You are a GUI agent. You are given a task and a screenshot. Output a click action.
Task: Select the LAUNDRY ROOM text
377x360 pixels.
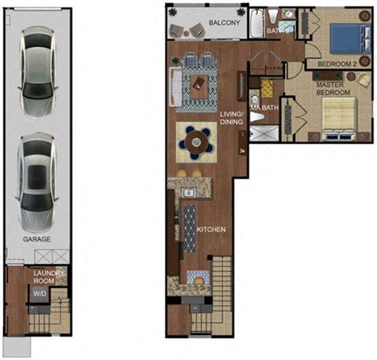click(x=47, y=277)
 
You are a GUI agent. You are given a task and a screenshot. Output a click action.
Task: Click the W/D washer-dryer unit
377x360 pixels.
click(x=38, y=294)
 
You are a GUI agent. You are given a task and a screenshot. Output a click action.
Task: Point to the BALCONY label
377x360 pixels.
click(x=225, y=23)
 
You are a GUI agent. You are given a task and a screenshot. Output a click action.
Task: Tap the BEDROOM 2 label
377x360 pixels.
click(x=336, y=64)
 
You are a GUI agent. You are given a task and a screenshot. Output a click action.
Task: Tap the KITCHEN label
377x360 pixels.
click(x=210, y=230)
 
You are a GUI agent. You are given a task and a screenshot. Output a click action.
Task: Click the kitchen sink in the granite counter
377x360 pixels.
click(x=188, y=192)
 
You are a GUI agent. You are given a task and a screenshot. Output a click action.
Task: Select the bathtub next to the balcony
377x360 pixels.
click(x=257, y=23)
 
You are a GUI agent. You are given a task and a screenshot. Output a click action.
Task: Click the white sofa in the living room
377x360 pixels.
click(x=174, y=83)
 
